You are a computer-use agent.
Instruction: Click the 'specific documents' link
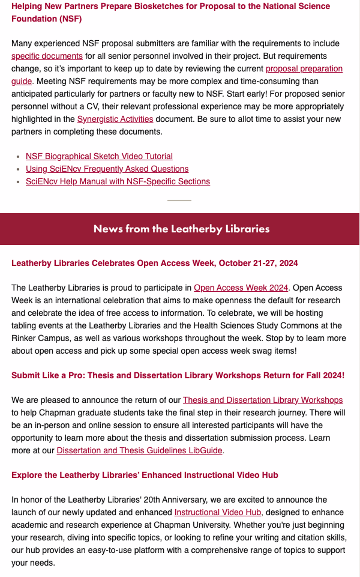[x=47, y=56]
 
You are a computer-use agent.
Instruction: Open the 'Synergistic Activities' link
[x=115, y=119]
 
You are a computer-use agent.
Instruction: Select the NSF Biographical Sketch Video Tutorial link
[x=99, y=156]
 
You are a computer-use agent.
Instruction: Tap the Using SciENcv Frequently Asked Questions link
[x=107, y=169]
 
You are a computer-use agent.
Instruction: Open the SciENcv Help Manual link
[x=118, y=182]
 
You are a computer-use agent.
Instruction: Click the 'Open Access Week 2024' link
[x=241, y=288]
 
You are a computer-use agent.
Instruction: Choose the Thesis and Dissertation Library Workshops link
[x=263, y=400]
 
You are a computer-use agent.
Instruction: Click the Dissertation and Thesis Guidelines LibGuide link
[x=139, y=451]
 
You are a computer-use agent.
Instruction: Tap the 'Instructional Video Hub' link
[x=218, y=512]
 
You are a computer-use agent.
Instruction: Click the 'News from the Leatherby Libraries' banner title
[x=181, y=229]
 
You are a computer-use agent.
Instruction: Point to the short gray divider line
[x=179, y=200]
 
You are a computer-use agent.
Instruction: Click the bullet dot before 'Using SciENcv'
[x=18, y=169]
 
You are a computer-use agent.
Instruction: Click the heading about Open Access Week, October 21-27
[x=154, y=263]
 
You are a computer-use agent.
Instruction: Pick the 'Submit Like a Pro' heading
[x=178, y=376]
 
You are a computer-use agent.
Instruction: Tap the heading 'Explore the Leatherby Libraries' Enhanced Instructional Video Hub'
[x=145, y=475]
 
